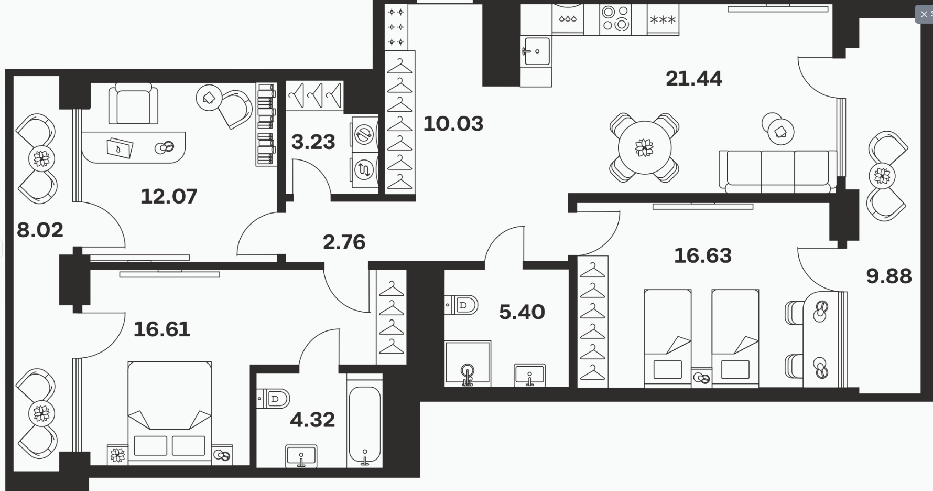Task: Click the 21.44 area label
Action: (694, 79)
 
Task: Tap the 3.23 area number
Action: (313, 142)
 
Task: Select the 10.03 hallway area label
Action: (453, 124)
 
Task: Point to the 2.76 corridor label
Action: (344, 242)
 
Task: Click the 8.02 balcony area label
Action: (40, 230)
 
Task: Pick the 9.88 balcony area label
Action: (889, 276)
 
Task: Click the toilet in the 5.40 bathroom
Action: (461, 305)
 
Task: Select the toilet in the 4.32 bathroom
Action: (273, 399)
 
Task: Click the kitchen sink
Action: (536, 51)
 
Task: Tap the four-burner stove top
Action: (615, 19)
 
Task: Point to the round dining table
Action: (644, 147)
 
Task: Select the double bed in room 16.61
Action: (170, 412)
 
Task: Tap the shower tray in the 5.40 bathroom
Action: (468, 364)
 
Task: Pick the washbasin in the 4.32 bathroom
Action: (301, 456)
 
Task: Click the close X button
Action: (924, 14)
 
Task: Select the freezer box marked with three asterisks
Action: (663, 19)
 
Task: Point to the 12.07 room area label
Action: (169, 197)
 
